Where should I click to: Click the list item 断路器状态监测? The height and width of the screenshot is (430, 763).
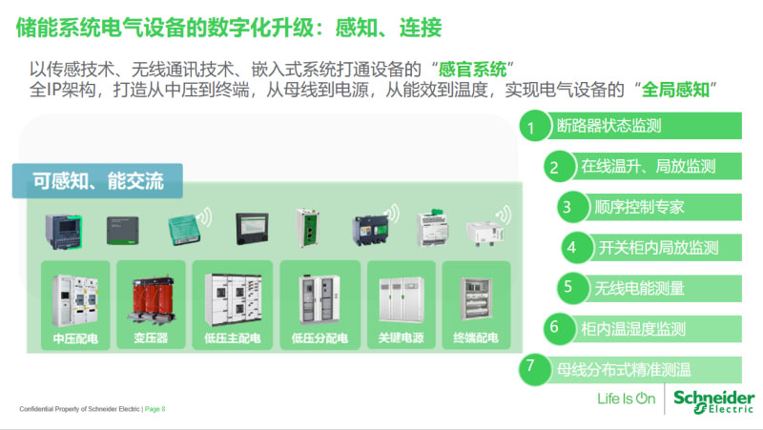[608, 126]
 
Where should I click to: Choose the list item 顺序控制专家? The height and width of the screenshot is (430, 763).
[639, 207]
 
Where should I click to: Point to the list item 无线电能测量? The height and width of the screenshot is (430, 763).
[639, 289]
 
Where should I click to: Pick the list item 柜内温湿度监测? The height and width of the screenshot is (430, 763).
[633, 329]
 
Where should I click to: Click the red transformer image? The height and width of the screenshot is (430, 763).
[152, 300]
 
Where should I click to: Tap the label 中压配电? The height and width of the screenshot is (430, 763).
[75, 338]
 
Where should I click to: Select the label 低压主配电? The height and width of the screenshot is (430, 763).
[232, 338]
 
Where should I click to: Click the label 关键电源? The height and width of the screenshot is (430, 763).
[401, 338]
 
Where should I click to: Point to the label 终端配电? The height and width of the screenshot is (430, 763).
[476, 338]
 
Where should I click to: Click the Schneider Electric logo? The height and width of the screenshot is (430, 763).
[713, 400]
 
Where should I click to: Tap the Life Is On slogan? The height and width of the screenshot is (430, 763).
[627, 399]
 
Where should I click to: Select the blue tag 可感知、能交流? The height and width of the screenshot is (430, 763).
[97, 181]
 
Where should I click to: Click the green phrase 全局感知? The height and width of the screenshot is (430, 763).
[675, 90]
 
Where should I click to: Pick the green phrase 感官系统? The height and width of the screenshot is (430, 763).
[472, 70]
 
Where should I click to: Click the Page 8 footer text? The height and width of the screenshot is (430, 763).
[155, 409]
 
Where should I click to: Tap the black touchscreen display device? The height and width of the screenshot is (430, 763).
[252, 228]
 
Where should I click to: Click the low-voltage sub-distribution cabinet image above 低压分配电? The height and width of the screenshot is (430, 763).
[320, 299]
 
